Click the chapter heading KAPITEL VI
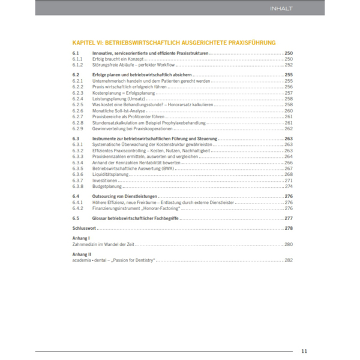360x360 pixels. [x=173, y=43]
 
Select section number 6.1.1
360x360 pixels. [x=77, y=59]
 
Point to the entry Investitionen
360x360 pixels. [x=106, y=180]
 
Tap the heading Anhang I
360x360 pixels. [x=81, y=238]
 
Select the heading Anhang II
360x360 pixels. [x=82, y=254]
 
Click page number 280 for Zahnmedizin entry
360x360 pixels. [x=288, y=244]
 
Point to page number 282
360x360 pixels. [x=288, y=260]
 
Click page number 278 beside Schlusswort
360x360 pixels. [x=288, y=229]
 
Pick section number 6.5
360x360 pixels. [x=75, y=218]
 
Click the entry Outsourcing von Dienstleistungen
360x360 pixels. [x=125, y=196]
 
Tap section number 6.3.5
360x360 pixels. [x=77, y=168]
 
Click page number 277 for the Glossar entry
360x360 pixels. [x=288, y=218]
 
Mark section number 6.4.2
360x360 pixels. [x=77, y=208]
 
